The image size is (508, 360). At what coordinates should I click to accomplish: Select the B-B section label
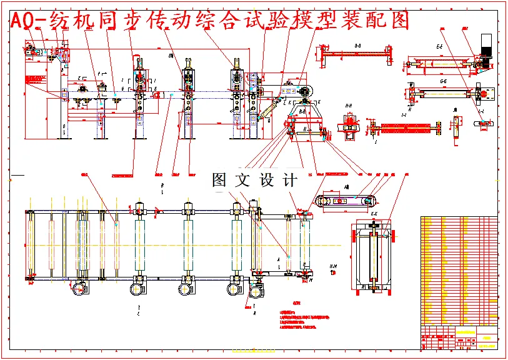(357, 46)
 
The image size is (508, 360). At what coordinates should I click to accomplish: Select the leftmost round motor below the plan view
(79, 289)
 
